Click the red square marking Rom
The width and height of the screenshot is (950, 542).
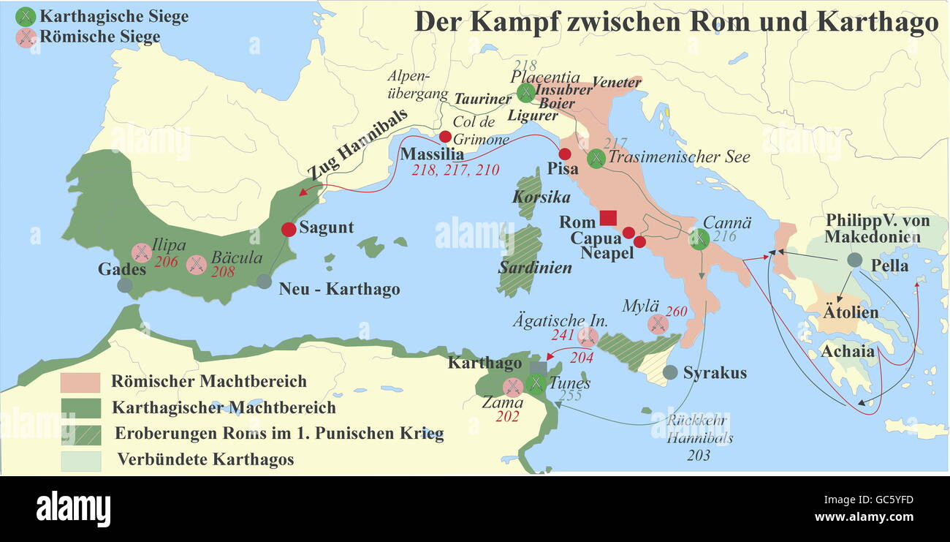[608, 218]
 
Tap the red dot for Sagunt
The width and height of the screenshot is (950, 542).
[288, 228]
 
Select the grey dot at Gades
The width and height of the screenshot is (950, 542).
[125, 285]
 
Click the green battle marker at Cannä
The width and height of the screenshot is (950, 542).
[699, 238]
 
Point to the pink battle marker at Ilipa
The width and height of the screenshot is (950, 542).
[141, 253]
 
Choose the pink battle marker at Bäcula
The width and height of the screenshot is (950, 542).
[196, 265]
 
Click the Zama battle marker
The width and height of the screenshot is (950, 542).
[513, 387]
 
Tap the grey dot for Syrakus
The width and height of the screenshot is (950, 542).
[669, 372]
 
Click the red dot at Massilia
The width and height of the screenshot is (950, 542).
[444, 137]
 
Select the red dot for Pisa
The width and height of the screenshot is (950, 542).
[564, 154]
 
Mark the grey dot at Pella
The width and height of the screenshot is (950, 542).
[854, 260]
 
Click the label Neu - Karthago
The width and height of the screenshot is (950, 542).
[339, 289]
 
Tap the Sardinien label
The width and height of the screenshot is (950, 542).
[535, 268]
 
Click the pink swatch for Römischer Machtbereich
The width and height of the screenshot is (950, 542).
[80, 382]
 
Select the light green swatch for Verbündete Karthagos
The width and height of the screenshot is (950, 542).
[80, 460]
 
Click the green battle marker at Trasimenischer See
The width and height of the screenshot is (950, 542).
[596, 157]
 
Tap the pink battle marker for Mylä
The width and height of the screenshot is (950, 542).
[658, 323]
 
